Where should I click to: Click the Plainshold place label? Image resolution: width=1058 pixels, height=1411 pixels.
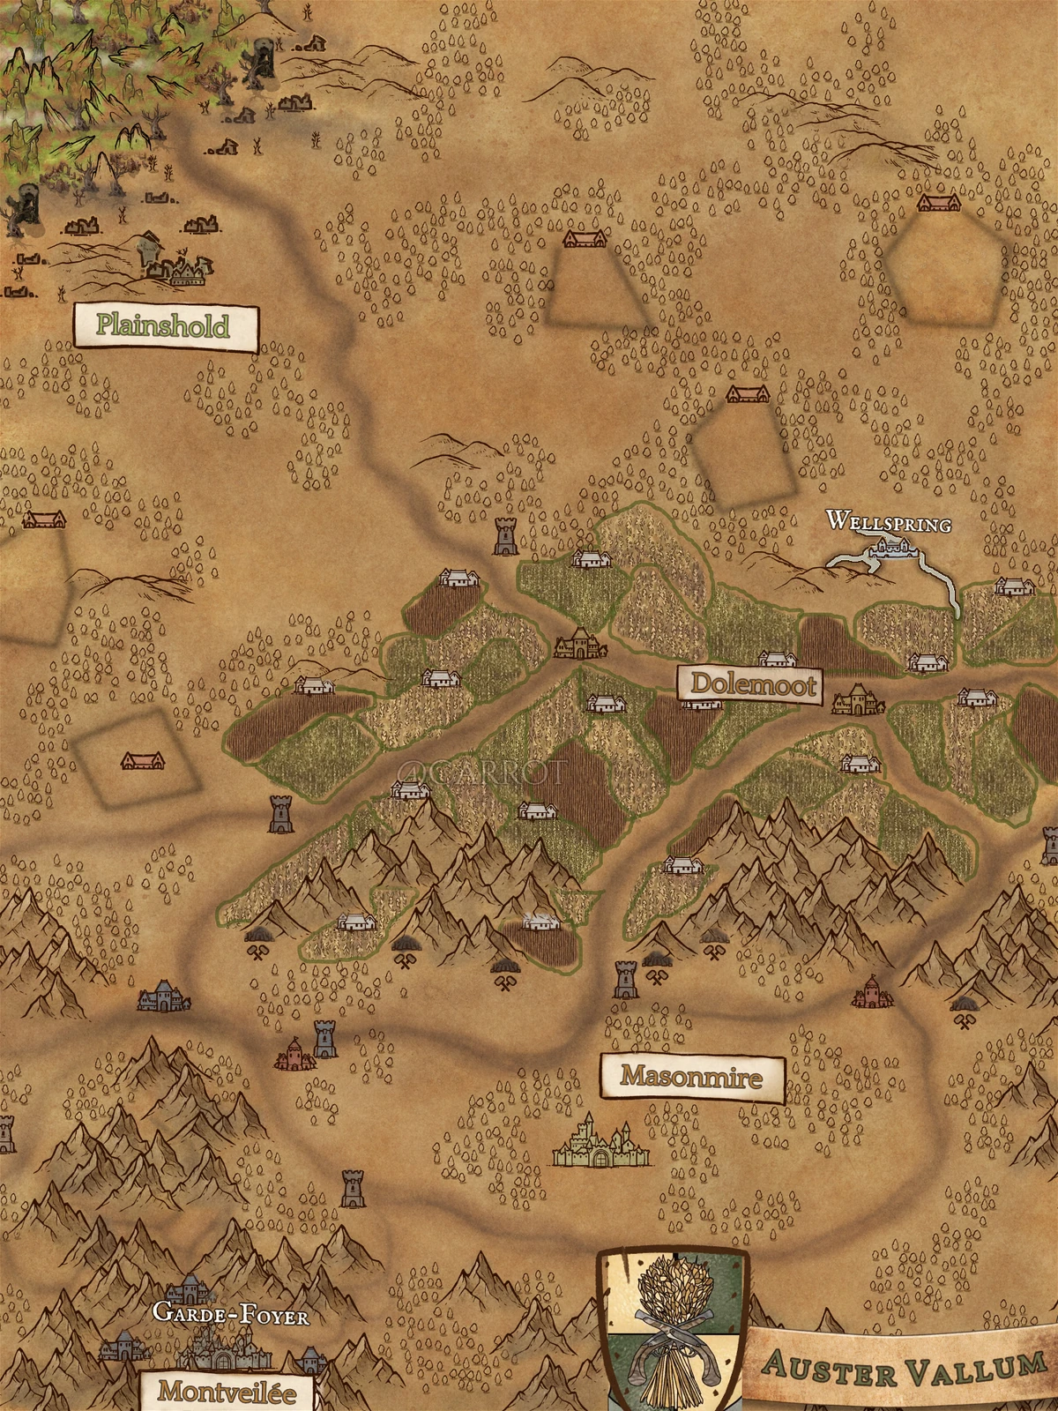pyautogui.click(x=164, y=325)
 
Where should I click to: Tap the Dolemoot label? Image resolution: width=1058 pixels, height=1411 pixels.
pyautogui.click(x=750, y=684)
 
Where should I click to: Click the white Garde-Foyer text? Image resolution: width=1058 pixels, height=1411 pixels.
pyautogui.click(x=230, y=1317)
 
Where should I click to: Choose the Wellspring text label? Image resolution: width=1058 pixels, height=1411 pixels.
pyautogui.click(x=889, y=523)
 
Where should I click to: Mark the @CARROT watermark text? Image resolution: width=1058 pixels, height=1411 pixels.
pyautogui.click(x=480, y=773)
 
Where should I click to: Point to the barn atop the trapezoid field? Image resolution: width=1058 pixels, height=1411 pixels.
pyautogui.click(x=584, y=239)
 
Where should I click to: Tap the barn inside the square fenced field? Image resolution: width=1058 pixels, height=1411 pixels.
pyautogui.click(x=141, y=760)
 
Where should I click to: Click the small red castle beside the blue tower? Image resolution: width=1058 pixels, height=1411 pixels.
pyautogui.click(x=294, y=1053)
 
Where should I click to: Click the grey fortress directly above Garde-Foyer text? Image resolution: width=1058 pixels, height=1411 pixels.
pyautogui.click(x=190, y=1291)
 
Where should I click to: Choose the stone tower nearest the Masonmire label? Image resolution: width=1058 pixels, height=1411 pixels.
pyautogui.click(x=625, y=980)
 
